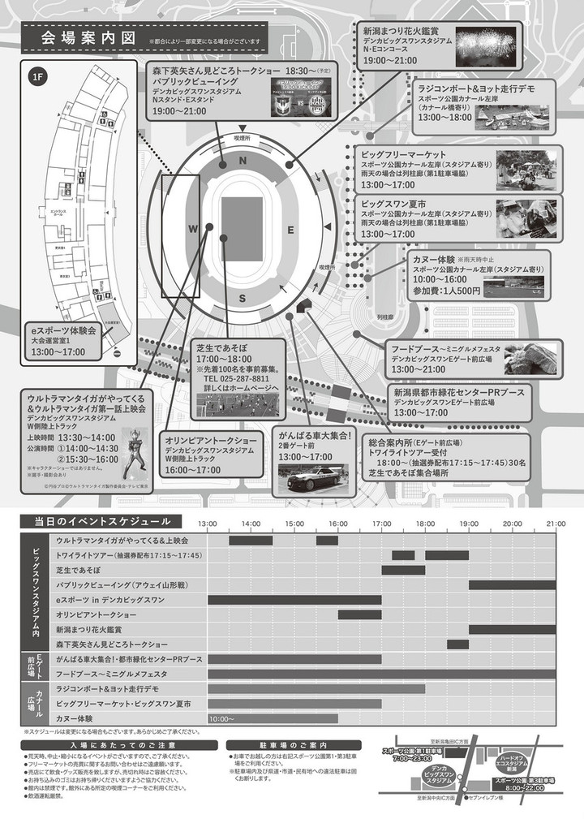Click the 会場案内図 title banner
[86, 38]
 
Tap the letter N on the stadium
[242, 162]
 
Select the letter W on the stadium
[193, 230]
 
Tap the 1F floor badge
[37, 78]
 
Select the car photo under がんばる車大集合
[313, 479]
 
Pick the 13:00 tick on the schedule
[208, 524]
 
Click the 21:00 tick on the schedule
[556, 524]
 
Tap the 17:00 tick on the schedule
[382, 524]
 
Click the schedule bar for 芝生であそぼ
[403, 570]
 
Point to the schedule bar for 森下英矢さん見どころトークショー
[457, 644]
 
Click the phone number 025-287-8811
[236, 378]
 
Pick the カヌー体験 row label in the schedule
[75, 718]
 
